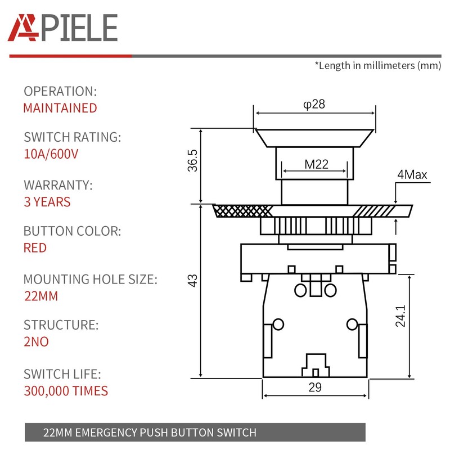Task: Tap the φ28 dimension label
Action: point(314,105)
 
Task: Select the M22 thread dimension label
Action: point(316,164)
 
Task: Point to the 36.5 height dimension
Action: point(193,160)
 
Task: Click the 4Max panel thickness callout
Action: point(412,175)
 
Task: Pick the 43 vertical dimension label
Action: point(193,281)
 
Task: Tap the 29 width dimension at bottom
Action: point(315,387)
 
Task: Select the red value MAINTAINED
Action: point(60,108)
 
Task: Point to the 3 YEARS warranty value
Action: point(47,202)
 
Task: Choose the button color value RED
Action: point(35,248)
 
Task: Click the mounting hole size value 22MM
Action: point(40,296)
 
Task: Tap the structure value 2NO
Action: point(36,342)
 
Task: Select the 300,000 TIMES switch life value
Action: point(65,390)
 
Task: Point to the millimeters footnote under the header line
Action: point(377,65)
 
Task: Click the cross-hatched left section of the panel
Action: point(242,210)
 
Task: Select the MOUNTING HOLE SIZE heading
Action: point(90,279)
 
